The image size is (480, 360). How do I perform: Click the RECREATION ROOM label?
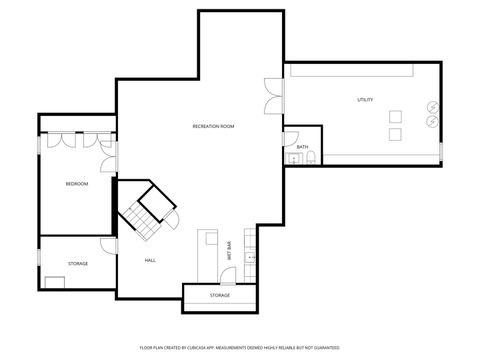pos(213,126)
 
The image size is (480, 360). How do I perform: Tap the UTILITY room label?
pos(365,100)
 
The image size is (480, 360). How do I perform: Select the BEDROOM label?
pos(77,184)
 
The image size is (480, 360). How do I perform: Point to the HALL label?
pos(150,260)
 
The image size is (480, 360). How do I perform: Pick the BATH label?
pos(302,147)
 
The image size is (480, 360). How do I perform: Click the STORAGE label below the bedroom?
pos(78,263)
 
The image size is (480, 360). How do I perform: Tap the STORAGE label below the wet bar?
pos(220,295)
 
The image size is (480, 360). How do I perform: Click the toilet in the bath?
pos(311,158)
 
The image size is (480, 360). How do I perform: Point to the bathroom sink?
pos(295,158)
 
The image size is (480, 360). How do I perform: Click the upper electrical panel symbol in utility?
pos(433,106)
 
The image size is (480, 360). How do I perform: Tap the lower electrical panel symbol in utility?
pos(433,121)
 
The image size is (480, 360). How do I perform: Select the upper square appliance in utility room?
pos(394,114)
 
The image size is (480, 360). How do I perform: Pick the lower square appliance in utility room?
pos(394,133)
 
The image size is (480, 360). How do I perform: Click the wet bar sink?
pos(251,258)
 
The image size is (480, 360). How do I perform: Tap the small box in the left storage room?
pos(54,281)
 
